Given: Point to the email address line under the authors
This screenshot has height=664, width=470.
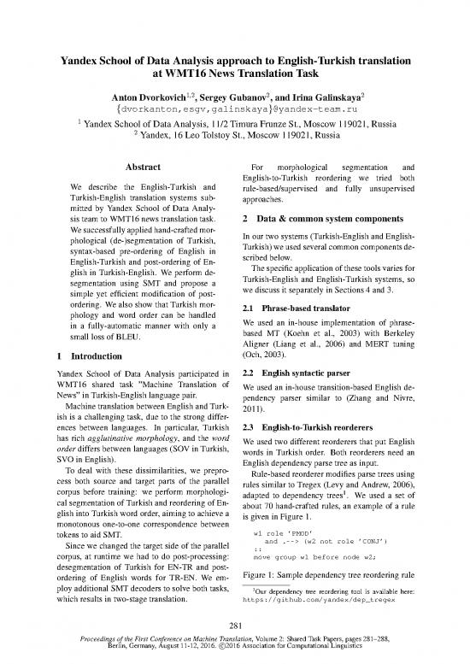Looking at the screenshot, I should tap(234, 110).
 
